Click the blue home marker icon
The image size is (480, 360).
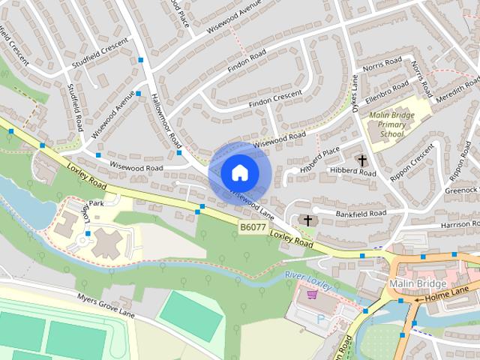coord(239,172)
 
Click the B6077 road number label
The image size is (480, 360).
coord(254,226)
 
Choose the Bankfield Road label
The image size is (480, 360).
coord(361,214)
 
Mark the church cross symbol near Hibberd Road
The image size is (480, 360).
coord(362,160)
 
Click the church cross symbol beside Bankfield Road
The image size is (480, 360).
coord(306,220)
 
